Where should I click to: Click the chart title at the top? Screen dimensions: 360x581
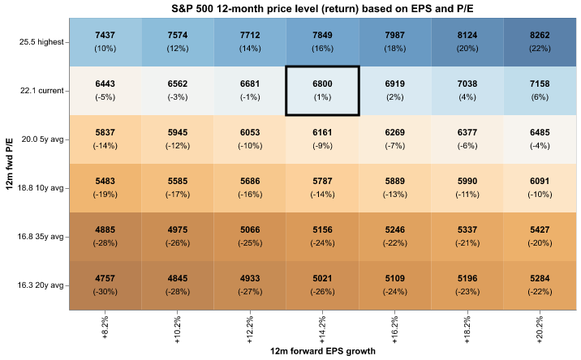322,7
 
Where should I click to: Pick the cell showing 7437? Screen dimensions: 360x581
105,42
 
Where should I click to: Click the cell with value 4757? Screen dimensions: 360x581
105,285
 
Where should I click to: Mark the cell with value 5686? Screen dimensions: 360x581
251,188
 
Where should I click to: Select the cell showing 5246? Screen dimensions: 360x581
395,237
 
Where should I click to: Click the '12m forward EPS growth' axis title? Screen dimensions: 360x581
322,353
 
